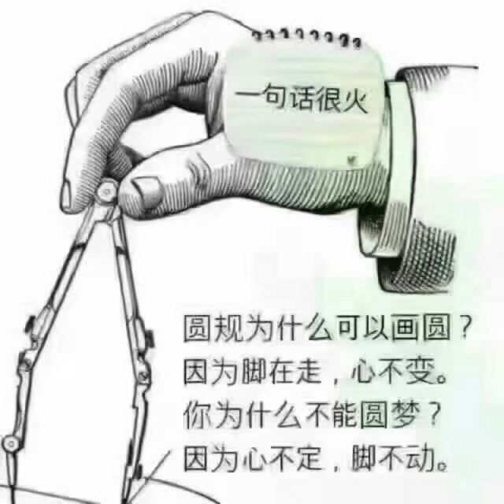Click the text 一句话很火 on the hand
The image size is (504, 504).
coord(302,101)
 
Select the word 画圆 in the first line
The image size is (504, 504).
coord(421,328)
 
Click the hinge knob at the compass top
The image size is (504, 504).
coord(106,192)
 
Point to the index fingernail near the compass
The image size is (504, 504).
coord(68,195)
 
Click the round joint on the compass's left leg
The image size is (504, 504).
coord(10,444)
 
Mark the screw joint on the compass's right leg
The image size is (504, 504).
coord(143,375)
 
